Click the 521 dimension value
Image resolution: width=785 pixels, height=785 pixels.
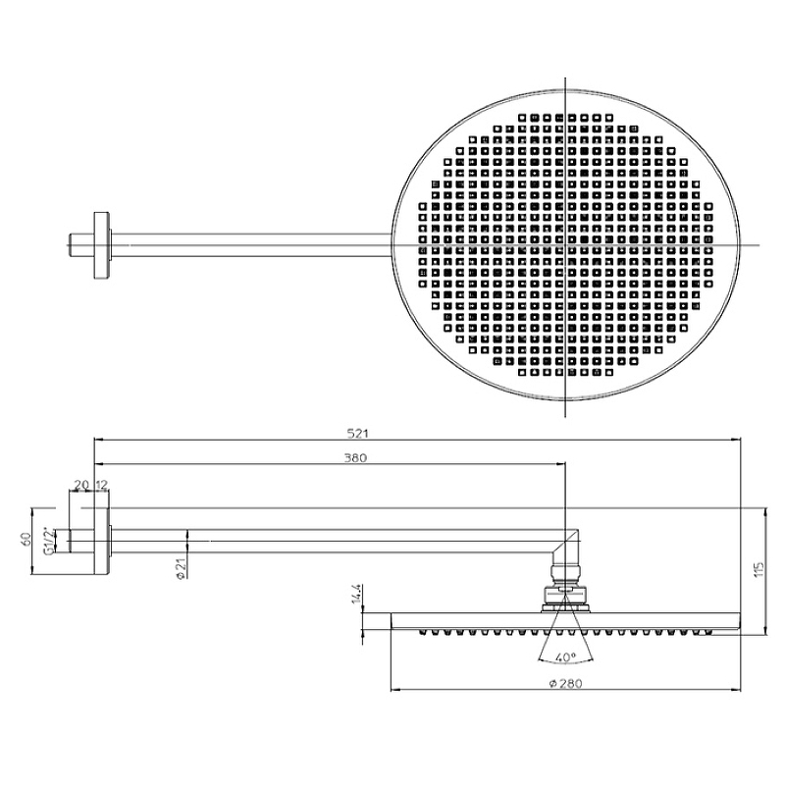[357, 434]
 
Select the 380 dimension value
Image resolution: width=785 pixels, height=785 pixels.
[355, 457]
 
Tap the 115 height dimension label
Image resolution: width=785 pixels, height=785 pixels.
[759, 569]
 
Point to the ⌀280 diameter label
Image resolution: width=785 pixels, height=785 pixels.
[565, 683]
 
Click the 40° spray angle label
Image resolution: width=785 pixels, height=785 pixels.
[566, 656]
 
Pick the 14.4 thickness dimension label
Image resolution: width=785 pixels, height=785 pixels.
[356, 594]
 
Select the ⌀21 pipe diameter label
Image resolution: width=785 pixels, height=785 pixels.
[182, 568]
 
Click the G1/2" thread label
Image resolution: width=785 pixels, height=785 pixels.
[48, 541]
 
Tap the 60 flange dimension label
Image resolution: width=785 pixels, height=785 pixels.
[26, 539]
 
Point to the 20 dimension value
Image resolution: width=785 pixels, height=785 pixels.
[81, 485]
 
